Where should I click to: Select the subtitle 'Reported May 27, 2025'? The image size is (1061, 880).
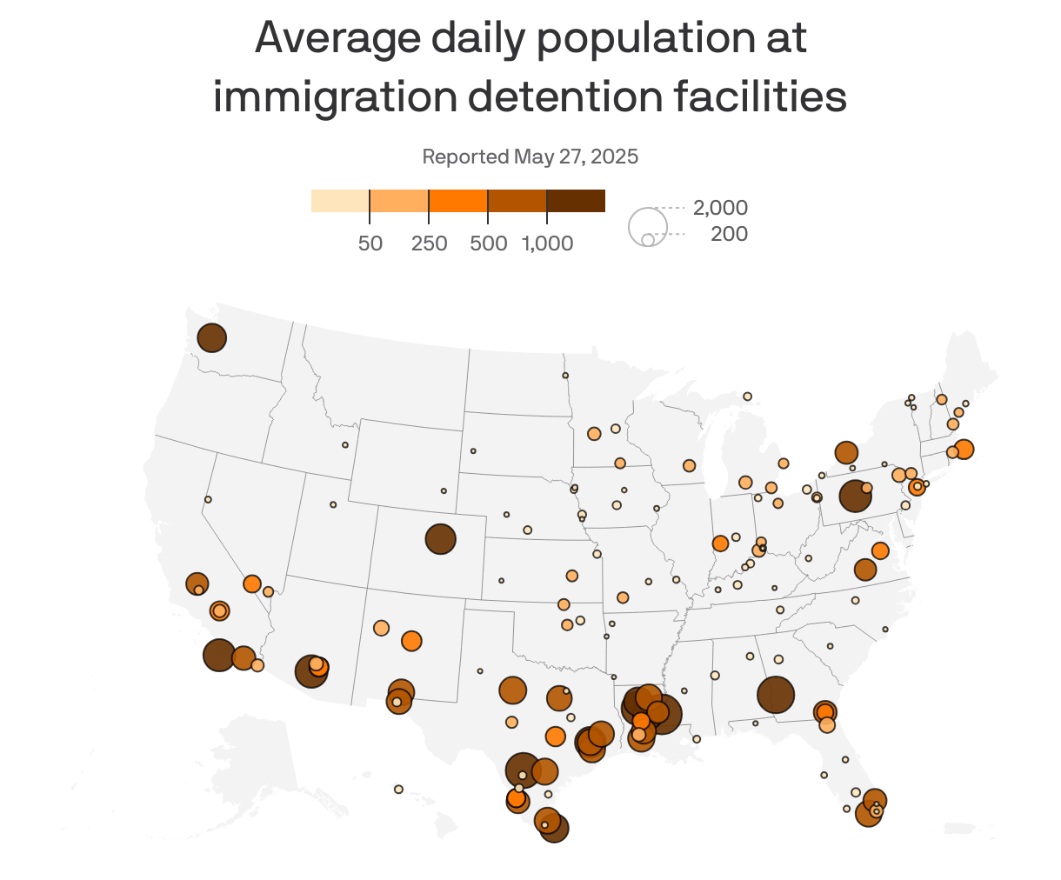[x=530, y=157]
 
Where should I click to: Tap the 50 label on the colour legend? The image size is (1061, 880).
[x=370, y=243]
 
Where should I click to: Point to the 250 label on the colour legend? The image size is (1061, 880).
[x=429, y=243]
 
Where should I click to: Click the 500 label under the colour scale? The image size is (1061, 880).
[x=488, y=243]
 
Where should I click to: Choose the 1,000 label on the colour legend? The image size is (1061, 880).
[x=547, y=243]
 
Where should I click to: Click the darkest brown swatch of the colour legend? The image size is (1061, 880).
[x=576, y=201]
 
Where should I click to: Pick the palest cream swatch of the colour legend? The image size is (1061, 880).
[x=340, y=201]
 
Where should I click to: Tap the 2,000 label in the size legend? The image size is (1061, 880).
[x=720, y=208]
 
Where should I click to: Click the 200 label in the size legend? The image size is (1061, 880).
[x=729, y=234]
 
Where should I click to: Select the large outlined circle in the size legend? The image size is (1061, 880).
[x=648, y=227]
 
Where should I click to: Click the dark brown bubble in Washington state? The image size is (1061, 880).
[x=211, y=337]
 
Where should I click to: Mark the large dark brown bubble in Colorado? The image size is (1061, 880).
[x=440, y=539]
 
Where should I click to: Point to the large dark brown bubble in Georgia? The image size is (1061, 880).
[x=776, y=695]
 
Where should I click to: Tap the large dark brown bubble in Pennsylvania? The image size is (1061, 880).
[x=855, y=497]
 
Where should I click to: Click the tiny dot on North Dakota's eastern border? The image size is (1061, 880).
[x=565, y=376]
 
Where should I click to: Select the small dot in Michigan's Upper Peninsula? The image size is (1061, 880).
[x=747, y=397]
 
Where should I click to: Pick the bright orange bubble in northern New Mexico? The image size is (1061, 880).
[x=411, y=641]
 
